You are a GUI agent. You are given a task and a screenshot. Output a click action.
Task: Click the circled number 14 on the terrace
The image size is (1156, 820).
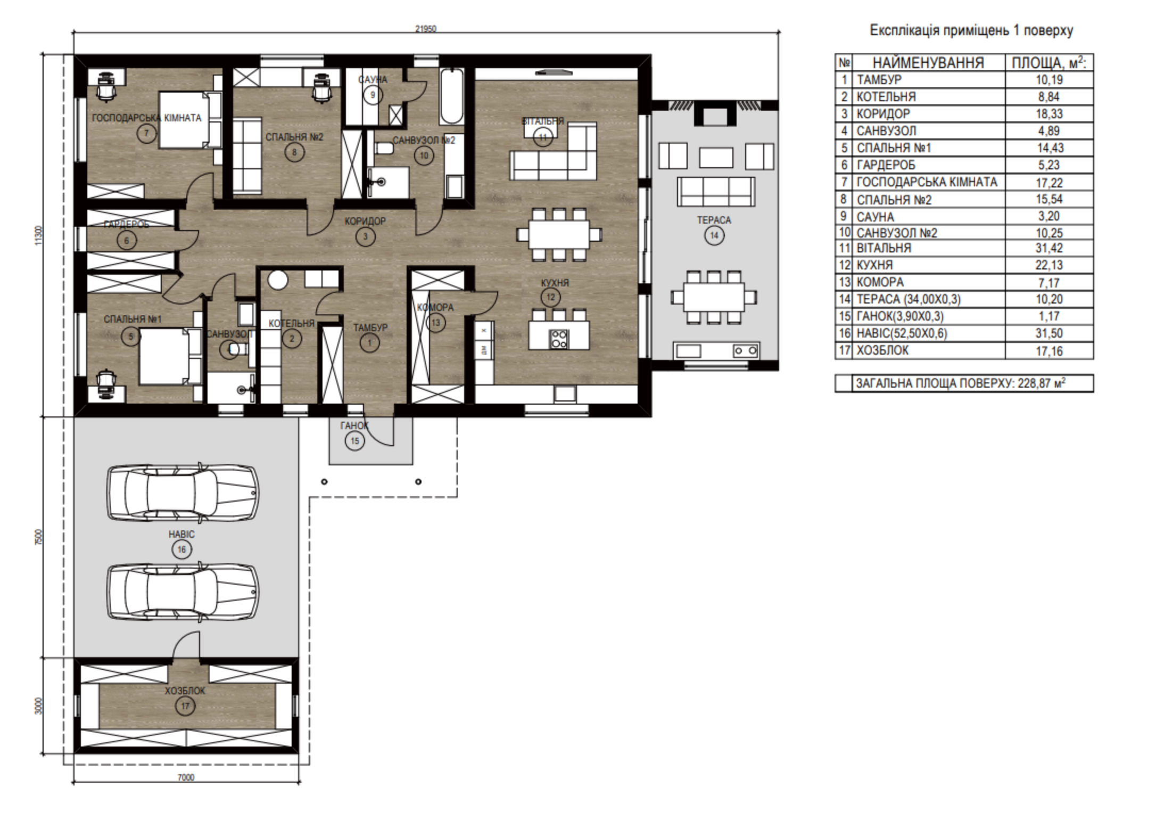(x=714, y=236)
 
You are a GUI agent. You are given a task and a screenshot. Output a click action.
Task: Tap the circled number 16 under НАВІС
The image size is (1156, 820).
(x=181, y=550)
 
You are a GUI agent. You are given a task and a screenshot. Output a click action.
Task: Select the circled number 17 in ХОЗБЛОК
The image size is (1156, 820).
(x=185, y=707)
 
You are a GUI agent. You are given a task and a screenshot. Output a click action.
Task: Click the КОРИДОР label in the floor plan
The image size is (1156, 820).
(x=365, y=221)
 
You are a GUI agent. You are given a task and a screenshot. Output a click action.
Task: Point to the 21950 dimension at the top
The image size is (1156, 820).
(x=426, y=29)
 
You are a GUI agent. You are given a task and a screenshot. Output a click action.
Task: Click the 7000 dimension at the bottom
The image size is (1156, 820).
(x=186, y=777)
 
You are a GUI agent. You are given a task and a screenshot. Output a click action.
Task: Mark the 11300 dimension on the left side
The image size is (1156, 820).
(x=37, y=235)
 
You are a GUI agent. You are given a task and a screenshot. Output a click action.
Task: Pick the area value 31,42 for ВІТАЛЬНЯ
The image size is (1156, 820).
(x=1049, y=248)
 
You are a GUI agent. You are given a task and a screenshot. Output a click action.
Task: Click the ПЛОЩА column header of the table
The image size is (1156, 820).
(x=1049, y=63)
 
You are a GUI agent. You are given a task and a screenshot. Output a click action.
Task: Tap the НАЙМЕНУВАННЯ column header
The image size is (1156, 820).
(x=928, y=63)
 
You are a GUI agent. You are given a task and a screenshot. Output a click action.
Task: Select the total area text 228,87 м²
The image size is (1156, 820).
(x=1042, y=383)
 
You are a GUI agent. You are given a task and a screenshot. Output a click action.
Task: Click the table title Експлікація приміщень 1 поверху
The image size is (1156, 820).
(x=971, y=30)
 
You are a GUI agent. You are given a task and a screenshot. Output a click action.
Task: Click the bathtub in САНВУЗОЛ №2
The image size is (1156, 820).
(x=451, y=96)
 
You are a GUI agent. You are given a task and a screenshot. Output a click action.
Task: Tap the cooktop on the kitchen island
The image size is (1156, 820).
(x=559, y=339)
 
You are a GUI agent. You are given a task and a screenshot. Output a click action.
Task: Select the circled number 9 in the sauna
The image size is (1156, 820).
(x=373, y=95)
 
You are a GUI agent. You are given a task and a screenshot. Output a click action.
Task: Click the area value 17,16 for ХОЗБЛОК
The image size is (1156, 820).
(x=1049, y=351)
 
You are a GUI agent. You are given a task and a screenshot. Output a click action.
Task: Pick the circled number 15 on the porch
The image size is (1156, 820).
(x=354, y=441)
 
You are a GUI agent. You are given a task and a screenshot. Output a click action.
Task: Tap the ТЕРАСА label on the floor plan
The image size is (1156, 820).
(x=714, y=220)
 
